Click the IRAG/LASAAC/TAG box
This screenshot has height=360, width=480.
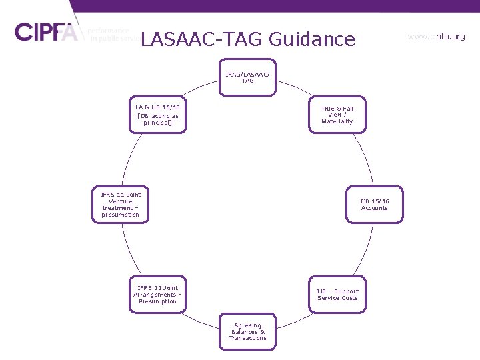point(247,77)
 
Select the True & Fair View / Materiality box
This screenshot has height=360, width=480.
point(337,115)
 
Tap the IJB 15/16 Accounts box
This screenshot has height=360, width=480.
point(375,204)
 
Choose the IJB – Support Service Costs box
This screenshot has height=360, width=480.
point(337,295)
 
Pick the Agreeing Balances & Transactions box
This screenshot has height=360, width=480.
point(247,331)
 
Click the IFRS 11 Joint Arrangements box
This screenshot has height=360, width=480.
point(157,295)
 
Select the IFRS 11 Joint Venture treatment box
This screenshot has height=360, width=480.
point(121,204)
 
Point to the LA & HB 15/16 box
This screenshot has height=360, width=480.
point(157,115)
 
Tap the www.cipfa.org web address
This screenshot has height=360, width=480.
point(436,37)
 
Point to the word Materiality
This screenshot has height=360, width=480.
point(337,122)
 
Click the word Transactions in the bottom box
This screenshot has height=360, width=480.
point(247,338)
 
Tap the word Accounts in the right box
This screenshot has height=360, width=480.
point(375,208)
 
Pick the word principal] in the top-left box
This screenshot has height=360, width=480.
point(157,123)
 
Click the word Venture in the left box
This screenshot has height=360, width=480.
point(121,201)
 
